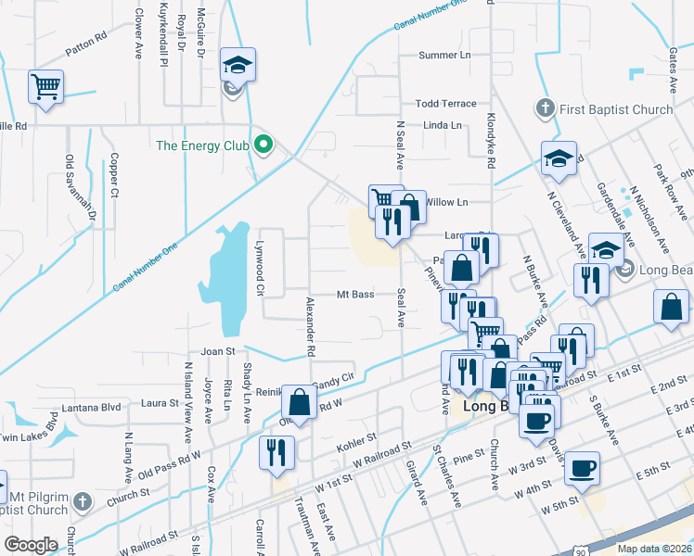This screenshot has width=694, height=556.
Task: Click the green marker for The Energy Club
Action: (263, 145)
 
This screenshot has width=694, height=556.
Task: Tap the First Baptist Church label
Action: (616, 109)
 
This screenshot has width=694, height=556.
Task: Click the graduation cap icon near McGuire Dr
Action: (238, 65)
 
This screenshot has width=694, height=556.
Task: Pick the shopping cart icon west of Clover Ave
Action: (45, 87)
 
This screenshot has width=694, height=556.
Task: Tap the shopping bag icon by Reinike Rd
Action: (299, 402)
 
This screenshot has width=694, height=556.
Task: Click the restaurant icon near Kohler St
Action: (276, 451)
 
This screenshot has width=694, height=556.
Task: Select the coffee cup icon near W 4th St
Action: (582, 467)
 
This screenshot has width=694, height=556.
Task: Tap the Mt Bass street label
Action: (354, 295)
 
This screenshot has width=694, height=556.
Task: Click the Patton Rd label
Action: (86, 49)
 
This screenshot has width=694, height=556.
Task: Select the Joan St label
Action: (219, 352)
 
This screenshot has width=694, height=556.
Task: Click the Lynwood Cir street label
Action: (261, 268)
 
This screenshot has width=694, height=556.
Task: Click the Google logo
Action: (31, 545)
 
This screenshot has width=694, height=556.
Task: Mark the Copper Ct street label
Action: (114, 176)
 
